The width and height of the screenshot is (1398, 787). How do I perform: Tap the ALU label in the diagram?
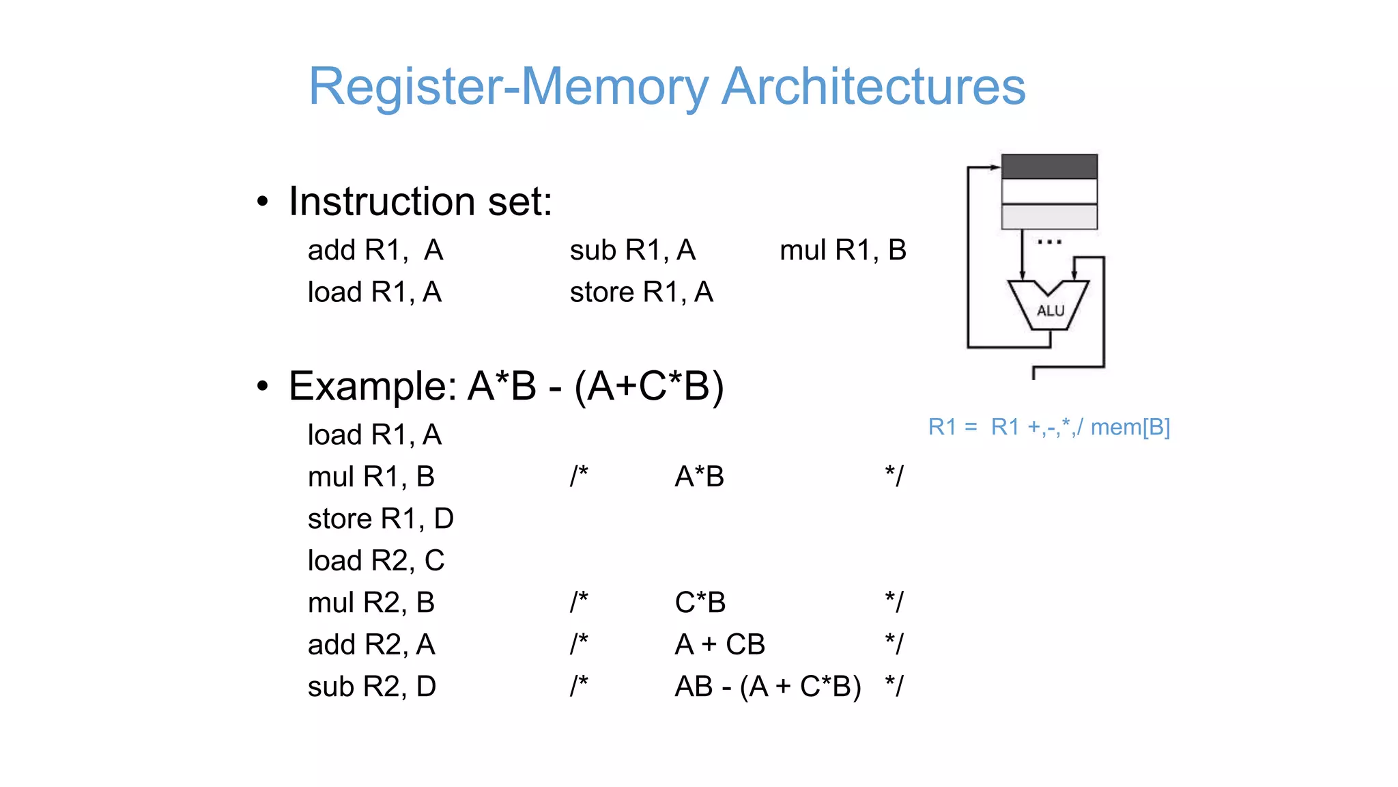pyautogui.click(x=1050, y=311)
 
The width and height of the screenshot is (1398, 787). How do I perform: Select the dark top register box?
pyautogui.click(x=1049, y=167)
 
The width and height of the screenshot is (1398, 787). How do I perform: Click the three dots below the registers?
pyautogui.click(x=1049, y=242)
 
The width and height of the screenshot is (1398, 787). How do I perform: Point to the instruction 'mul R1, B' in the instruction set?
pyautogui.click(x=842, y=250)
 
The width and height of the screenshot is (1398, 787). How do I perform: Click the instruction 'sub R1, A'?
pyautogui.click(x=632, y=250)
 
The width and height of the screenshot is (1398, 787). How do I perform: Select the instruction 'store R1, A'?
pyautogui.click(x=641, y=292)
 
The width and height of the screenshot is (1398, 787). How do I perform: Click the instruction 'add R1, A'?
pyautogui.click(x=375, y=250)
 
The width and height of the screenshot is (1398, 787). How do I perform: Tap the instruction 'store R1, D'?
pyautogui.click(x=380, y=519)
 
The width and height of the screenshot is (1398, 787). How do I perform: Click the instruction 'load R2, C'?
pyautogui.click(x=375, y=561)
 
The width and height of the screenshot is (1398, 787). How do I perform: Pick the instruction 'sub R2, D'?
pyautogui.click(x=371, y=687)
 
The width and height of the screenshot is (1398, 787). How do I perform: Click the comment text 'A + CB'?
pyautogui.click(x=719, y=644)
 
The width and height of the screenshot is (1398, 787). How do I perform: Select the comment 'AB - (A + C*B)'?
pyautogui.click(x=767, y=687)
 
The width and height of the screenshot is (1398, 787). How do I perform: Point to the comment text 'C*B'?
pyautogui.click(x=700, y=603)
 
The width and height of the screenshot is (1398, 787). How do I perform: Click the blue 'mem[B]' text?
pyautogui.click(x=1130, y=427)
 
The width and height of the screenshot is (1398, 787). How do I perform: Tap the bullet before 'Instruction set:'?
pyautogui.click(x=263, y=202)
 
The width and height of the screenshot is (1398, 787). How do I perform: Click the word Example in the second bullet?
pyautogui.click(x=372, y=386)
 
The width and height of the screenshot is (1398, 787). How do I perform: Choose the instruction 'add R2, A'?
pyautogui.click(x=371, y=644)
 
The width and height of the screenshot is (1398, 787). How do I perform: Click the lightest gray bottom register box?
pyautogui.click(x=1049, y=217)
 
